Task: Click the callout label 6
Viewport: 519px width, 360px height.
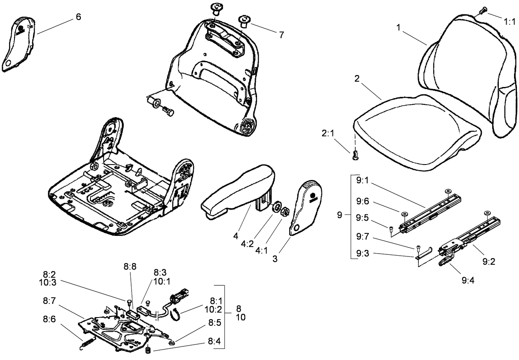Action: [78, 16]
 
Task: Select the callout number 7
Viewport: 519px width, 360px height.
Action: [281, 35]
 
